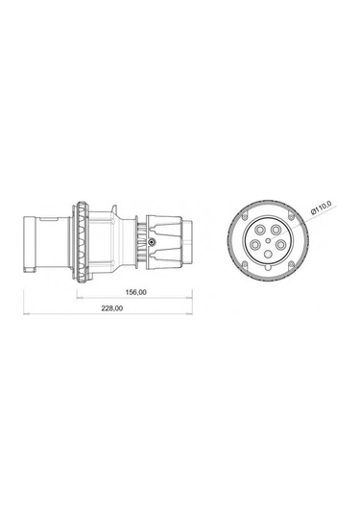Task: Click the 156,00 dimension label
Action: (136, 292)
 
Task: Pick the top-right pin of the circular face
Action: (276, 230)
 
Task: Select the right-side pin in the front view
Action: (280, 244)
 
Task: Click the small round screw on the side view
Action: (154, 244)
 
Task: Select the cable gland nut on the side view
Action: (166, 244)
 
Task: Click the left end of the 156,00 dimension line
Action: (77, 298)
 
